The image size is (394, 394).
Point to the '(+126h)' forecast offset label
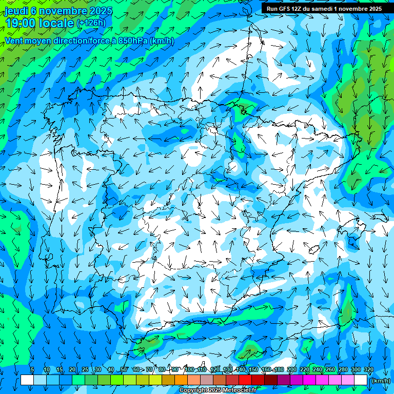click(x=91, y=23)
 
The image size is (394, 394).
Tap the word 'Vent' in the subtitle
click(x=15, y=41)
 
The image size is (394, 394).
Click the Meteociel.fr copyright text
click(x=218, y=390)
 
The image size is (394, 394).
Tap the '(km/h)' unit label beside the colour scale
click(x=380, y=381)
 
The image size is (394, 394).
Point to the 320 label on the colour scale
click(x=368, y=370)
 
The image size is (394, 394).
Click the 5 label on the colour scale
click(x=32, y=370)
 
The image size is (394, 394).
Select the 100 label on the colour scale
click(x=189, y=370)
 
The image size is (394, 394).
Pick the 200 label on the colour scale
click(x=292, y=370)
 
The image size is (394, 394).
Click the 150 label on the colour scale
click(x=253, y=370)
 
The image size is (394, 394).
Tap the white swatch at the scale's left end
click(x=27, y=380)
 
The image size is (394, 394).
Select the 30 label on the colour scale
click(x=97, y=370)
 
